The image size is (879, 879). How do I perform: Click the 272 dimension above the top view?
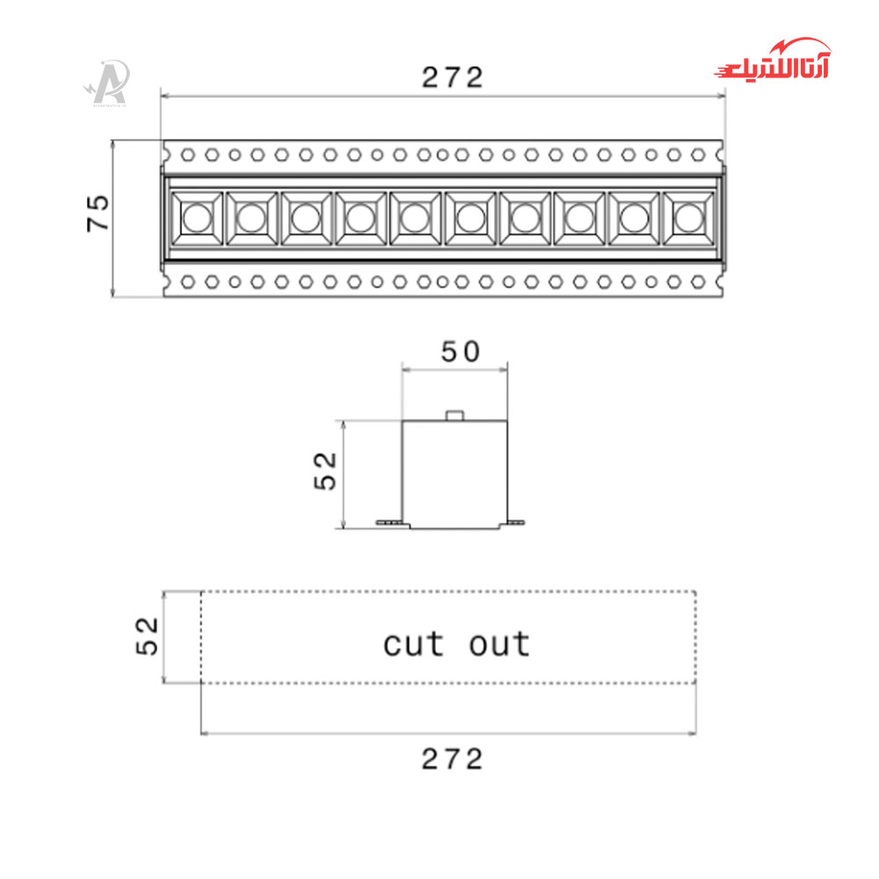pos(452,78)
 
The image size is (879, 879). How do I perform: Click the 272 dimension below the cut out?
pos(452,759)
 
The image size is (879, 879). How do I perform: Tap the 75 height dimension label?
pos(98,213)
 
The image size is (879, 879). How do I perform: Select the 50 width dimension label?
pos(461,352)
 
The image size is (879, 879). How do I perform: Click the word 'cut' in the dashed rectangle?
pos(414,644)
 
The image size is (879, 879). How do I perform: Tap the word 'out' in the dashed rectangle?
pos(499,644)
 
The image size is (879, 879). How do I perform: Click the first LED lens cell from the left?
pos(196,217)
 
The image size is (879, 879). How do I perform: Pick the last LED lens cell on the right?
pos(688,217)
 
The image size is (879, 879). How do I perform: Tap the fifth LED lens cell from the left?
pos(415,217)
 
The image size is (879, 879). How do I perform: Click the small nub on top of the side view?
pos(454,415)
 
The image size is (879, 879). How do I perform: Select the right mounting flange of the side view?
pos(515,524)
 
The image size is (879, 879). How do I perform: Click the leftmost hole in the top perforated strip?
pos(187,155)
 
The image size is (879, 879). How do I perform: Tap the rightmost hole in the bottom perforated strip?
pos(697,282)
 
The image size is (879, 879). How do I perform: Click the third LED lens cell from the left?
pos(306,217)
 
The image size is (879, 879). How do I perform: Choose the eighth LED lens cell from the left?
pos(578,217)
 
